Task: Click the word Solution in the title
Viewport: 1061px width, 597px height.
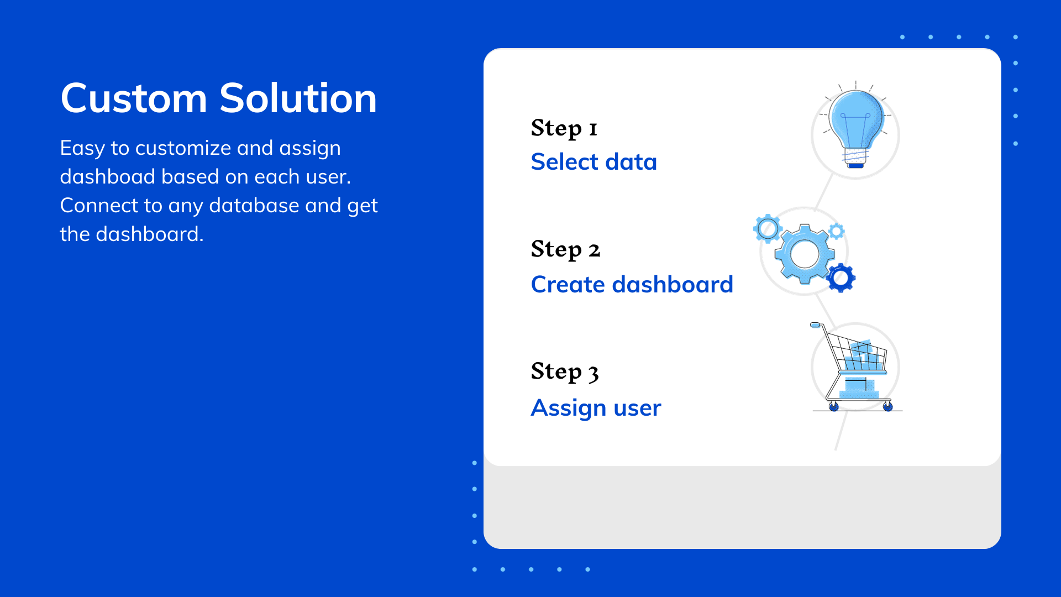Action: (298, 98)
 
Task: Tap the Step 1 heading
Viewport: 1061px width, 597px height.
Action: (564, 128)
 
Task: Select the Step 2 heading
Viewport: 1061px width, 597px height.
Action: (565, 250)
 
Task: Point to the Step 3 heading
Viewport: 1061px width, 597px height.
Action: (565, 371)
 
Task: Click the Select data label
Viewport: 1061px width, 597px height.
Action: (593, 162)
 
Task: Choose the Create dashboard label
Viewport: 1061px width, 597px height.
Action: (632, 285)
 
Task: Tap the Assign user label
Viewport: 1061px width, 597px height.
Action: (596, 408)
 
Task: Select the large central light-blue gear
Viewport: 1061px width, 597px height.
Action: (805, 254)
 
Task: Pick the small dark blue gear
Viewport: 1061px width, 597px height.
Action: (841, 278)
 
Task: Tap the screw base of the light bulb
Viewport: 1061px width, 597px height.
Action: (855, 157)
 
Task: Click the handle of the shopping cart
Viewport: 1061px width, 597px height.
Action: (815, 325)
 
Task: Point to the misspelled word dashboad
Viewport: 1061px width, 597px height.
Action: (108, 177)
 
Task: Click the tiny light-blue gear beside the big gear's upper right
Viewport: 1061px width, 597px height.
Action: (837, 231)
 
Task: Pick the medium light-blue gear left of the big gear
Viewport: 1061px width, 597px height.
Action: (768, 228)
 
